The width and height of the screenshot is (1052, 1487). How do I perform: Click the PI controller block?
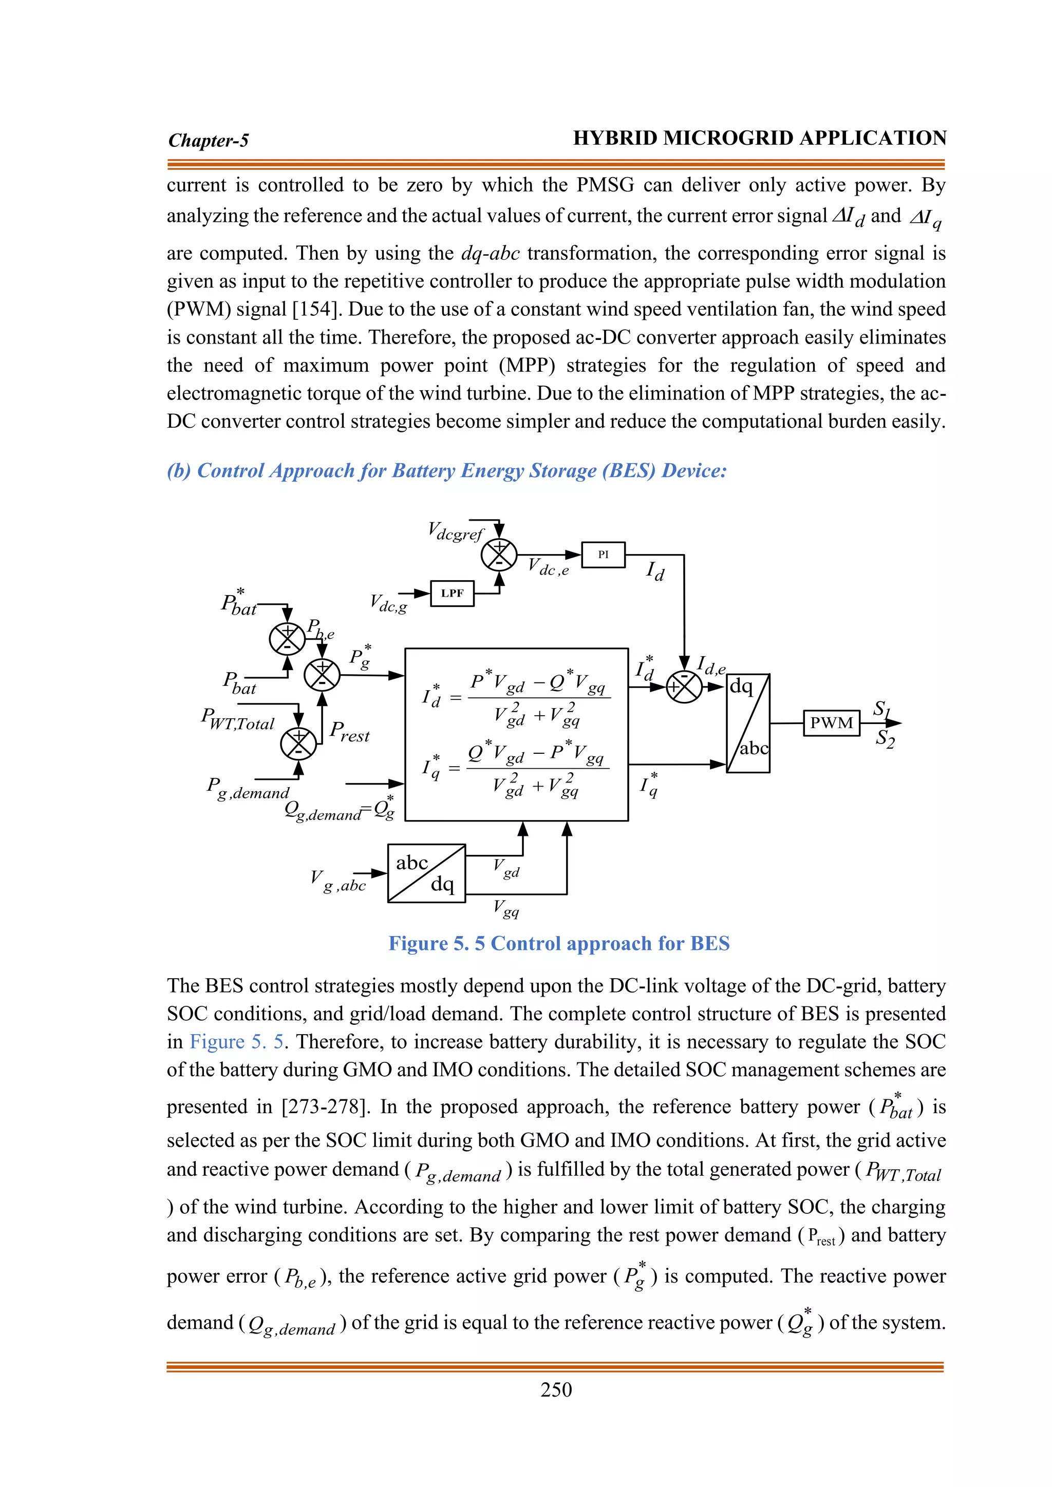point(603,555)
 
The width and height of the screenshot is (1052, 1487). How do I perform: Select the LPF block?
point(452,593)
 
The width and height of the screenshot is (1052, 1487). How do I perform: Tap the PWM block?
point(832,723)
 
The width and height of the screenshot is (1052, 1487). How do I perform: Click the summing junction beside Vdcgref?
point(499,555)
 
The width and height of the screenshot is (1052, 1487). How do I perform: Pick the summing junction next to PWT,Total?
point(298,743)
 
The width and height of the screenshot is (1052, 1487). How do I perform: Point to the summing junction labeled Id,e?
point(684,687)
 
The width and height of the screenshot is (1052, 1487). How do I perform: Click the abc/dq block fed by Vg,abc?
point(426,873)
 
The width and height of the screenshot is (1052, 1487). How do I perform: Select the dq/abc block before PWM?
point(748,723)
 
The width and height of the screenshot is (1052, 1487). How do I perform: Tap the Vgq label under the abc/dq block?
point(506,908)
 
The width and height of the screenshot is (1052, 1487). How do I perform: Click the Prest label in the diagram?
point(349,731)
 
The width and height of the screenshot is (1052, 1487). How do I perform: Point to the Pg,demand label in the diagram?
point(248,788)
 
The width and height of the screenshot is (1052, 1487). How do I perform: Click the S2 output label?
point(885,738)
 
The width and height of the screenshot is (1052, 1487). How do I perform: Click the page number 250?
point(556,1389)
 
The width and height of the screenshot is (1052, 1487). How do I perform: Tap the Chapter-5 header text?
point(208,140)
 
